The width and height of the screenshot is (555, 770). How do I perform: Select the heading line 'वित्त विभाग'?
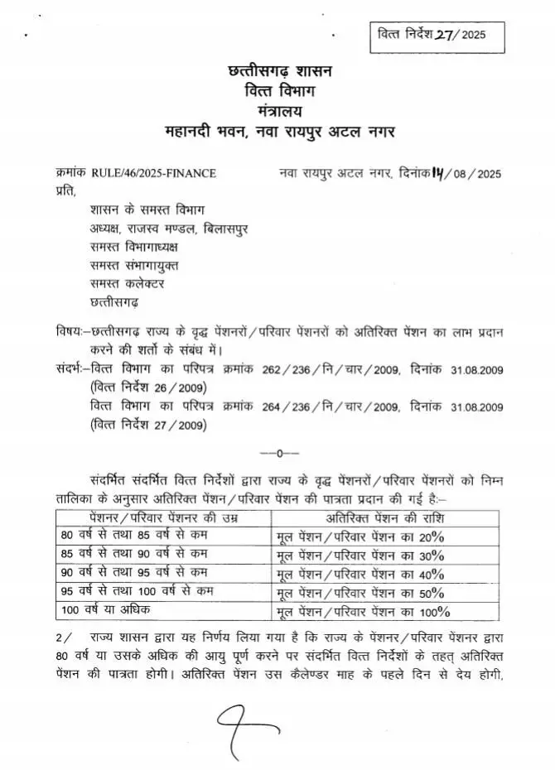278,90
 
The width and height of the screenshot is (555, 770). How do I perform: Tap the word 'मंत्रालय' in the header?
278,109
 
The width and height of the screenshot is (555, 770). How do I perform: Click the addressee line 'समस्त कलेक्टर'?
128,284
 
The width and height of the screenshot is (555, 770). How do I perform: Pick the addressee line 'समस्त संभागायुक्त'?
134,265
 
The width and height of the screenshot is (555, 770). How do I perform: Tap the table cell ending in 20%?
363,537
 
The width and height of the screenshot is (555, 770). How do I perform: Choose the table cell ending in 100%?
363,612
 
